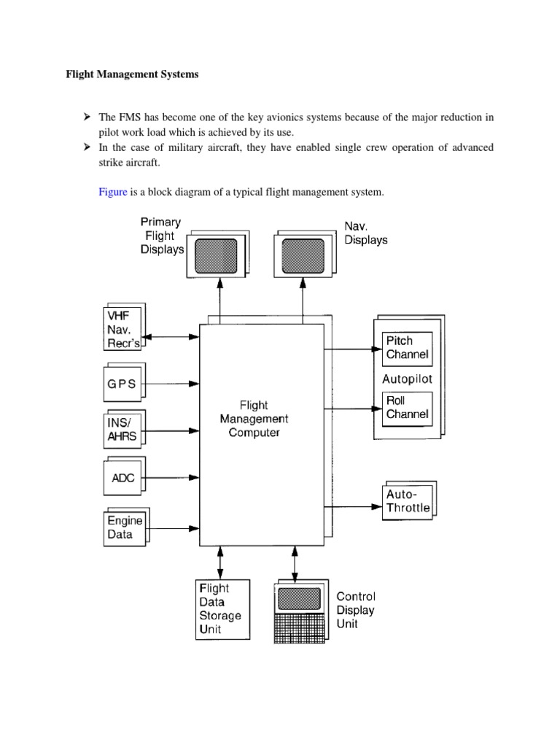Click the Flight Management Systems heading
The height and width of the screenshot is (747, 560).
point(132,74)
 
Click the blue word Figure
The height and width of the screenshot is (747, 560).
point(113,192)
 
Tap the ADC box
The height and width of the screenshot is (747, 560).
point(123,479)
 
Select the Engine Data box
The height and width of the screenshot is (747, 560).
point(124,527)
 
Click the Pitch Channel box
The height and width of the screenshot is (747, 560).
point(407,349)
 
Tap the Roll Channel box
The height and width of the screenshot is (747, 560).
point(407,408)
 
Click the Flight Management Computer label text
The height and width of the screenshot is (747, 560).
point(254,419)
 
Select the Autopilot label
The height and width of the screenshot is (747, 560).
point(407,379)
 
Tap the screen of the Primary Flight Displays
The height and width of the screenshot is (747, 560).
point(215,255)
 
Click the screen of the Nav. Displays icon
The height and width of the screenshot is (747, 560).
point(303,255)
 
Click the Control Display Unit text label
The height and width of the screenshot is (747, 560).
point(355,610)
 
